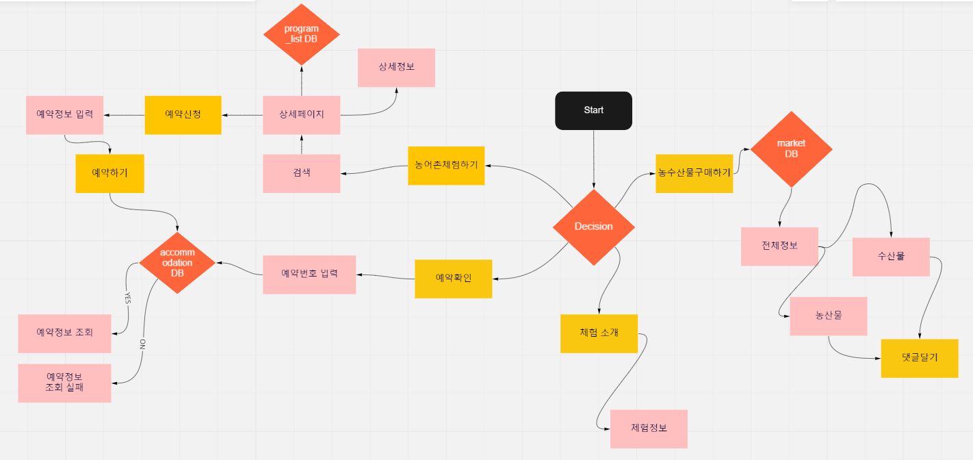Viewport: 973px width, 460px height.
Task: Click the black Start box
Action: [593, 110]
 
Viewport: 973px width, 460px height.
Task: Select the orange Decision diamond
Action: [593, 227]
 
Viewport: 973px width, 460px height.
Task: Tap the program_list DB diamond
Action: [302, 34]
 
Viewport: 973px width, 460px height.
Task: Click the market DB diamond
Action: [791, 149]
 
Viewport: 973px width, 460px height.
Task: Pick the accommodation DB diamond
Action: [177, 263]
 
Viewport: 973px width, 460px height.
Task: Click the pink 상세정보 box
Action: [396, 68]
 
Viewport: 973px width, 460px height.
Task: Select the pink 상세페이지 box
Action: [302, 115]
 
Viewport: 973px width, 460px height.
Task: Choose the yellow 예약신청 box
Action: [183, 115]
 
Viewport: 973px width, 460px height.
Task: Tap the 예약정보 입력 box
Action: [65, 115]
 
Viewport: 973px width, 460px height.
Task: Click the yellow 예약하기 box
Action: [109, 173]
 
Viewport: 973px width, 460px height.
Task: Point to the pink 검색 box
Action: [302, 173]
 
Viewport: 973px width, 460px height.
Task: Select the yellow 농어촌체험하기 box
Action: [446, 166]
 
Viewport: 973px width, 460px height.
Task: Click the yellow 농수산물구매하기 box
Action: [695, 173]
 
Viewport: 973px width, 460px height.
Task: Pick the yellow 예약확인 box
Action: [453, 279]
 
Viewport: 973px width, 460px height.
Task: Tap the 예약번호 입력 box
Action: [309, 274]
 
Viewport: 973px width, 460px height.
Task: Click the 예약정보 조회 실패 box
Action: [65, 383]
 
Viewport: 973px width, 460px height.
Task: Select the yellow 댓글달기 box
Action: [920, 358]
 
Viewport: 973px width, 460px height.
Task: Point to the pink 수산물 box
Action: [891, 257]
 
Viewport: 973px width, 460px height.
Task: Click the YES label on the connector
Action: [127, 298]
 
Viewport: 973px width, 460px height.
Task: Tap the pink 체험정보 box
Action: [649, 429]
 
